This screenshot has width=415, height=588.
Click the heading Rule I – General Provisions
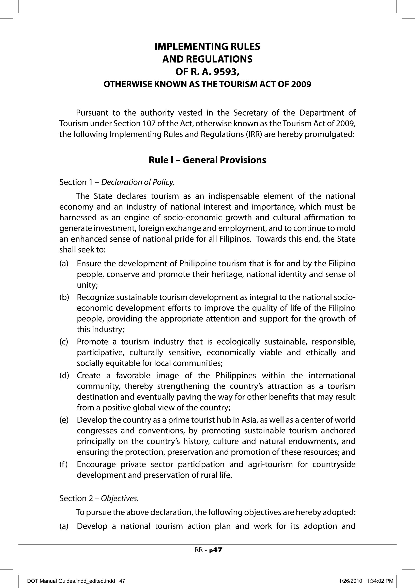click(207, 160)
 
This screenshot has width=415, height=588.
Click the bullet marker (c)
click(64, 342)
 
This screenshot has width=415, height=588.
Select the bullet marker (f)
click(64, 464)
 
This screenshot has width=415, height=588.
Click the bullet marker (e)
click(64, 420)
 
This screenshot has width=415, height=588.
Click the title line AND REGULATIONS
click(207, 59)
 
